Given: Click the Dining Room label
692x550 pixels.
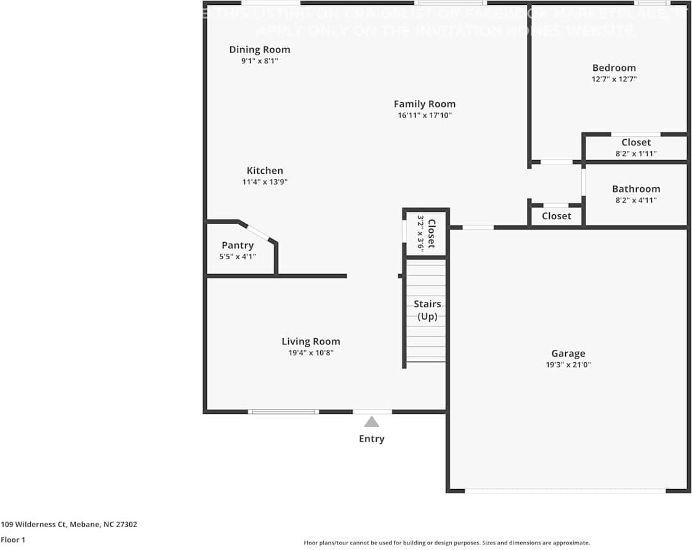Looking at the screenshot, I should (259, 50).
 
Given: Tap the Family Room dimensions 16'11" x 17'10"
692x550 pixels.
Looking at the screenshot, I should (425, 115).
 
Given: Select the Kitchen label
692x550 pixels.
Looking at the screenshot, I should (265, 171).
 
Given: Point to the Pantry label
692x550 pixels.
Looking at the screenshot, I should (238, 245).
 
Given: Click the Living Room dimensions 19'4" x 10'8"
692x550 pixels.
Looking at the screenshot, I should (311, 353).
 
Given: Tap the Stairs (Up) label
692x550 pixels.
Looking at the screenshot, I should (427, 310).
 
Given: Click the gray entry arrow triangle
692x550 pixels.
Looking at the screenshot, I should (371, 422).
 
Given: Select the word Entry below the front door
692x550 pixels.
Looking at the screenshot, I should (371, 439).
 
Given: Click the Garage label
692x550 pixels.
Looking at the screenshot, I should (568, 354).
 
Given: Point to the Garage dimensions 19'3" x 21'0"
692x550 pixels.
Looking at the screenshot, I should (568, 365).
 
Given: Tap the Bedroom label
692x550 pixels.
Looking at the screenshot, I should (614, 68).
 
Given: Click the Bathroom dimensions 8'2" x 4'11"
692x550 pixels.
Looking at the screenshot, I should (636, 200).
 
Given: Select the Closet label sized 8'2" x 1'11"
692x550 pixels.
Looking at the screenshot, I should (636, 142).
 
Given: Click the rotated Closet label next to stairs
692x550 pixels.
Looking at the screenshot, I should (431, 233).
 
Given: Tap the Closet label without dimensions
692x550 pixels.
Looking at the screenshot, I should (557, 216).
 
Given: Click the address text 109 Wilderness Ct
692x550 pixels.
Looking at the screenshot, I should (69, 525).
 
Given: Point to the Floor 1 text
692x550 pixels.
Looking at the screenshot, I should (13, 540).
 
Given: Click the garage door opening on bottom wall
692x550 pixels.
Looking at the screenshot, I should (565, 491).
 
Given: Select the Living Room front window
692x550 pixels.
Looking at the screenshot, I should (283, 411).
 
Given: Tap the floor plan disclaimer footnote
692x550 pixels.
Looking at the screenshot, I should (446, 543).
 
